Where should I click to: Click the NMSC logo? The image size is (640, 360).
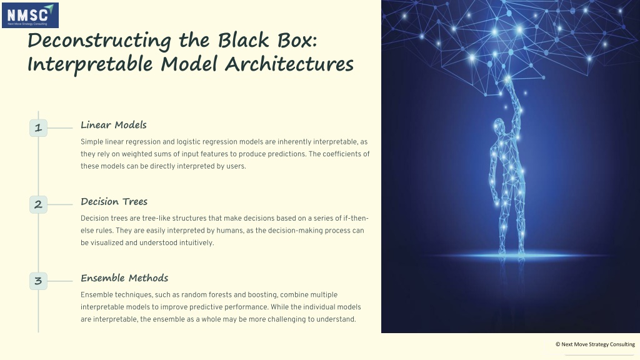point(30,15)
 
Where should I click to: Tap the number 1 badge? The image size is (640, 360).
point(38,127)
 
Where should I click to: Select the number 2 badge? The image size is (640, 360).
point(38,204)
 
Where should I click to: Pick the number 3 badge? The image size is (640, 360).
point(38,281)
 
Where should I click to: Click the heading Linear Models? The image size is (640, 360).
point(114,125)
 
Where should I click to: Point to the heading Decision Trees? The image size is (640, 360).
point(114,202)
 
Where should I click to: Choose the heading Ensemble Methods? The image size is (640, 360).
point(124,278)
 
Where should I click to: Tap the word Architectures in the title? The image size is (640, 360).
point(289,64)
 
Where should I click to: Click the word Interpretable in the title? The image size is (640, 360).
point(90,65)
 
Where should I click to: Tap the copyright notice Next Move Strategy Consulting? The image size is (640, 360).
point(595,344)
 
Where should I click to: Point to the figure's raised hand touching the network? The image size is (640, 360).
point(507,82)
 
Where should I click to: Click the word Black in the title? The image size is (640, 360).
point(244,41)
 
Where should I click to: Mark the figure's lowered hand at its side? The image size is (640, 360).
point(496,200)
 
